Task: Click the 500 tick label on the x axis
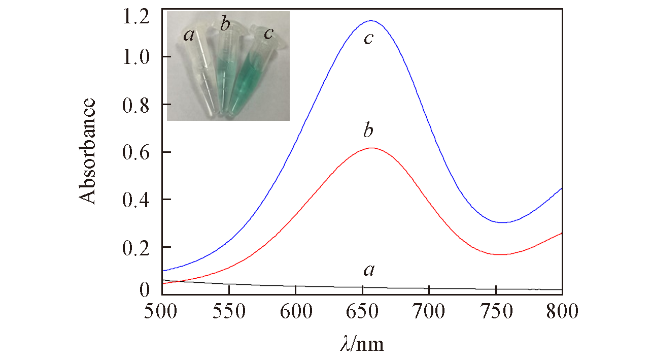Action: click(x=162, y=311)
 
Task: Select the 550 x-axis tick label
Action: click(x=229, y=311)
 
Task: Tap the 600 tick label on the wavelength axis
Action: click(x=296, y=311)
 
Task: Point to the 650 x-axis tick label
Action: click(x=362, y=311)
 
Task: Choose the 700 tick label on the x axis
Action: click(x=429, y=311)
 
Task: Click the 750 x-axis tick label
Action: click(x=496, y=311)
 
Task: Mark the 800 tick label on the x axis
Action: click(x=562, y=311)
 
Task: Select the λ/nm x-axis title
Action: click(x=362, y=344)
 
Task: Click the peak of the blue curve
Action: click(x=371, y=21)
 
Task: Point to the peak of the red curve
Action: click(x=372, y=148)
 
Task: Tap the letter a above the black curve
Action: click(x=369, y=271)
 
